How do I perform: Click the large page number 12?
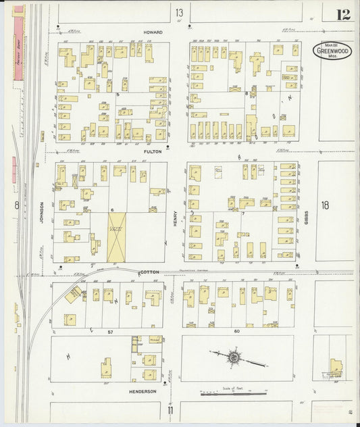point(343,14)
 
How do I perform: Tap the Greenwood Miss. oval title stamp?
point(332,51)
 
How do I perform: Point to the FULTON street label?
point(154,153)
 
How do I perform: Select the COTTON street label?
point(150,272)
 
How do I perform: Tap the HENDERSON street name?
point(143,391)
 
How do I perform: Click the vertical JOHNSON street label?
point(41,213)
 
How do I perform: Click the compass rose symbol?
point(234,355)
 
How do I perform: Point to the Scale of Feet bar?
point(233,393)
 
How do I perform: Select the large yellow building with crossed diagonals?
point(117,236)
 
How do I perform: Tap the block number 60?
point(237,332)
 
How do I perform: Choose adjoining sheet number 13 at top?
point(179,13)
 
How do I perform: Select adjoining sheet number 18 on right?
point(326,205)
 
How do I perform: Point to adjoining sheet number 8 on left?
point(16,205)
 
